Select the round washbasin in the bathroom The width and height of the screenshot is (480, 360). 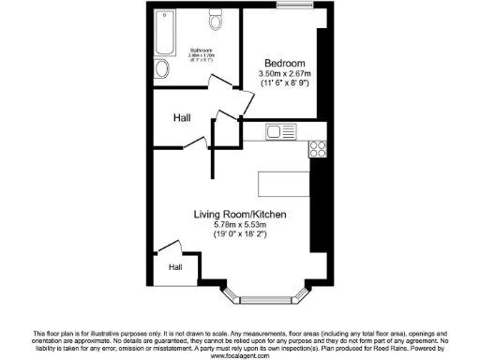(160, 68)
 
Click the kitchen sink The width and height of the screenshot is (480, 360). (280, 132)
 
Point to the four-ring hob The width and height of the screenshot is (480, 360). (316, 147)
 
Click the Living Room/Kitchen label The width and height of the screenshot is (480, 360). (240, 215)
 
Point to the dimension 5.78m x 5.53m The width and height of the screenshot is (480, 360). (240, 226)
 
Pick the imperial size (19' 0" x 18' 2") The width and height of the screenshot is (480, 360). (240, 236)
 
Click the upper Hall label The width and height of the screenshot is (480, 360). (184, 119)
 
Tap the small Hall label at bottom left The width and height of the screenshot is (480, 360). (175, 267)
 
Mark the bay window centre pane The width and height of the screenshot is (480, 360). (258, 301)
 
